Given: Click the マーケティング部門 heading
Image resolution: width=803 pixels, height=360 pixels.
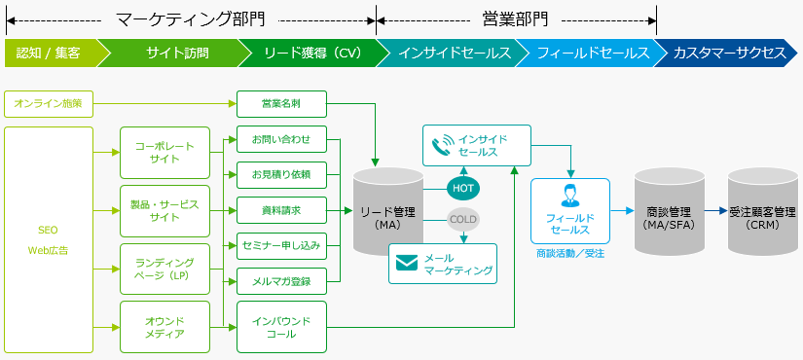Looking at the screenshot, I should click(190, 18).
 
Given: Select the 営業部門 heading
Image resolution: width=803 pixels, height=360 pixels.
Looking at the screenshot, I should click(515, 18).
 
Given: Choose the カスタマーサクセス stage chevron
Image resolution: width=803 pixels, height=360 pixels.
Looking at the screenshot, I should click(729, 53).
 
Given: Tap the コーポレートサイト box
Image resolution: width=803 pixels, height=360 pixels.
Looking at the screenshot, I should click(164, 152).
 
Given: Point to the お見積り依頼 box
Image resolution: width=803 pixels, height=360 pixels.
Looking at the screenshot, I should click(281, 175).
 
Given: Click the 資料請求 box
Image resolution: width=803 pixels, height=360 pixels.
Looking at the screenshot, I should click(281, 210).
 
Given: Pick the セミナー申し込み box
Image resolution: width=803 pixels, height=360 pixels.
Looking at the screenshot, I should click(281, 245).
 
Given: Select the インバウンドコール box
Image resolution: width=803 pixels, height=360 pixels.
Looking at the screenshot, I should click(281, 326).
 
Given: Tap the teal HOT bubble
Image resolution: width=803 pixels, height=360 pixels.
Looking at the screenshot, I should click(463, 187).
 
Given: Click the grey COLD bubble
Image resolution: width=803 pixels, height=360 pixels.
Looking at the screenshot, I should click(463, 220).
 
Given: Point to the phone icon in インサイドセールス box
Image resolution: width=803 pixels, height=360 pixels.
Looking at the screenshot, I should click(443, 145).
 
